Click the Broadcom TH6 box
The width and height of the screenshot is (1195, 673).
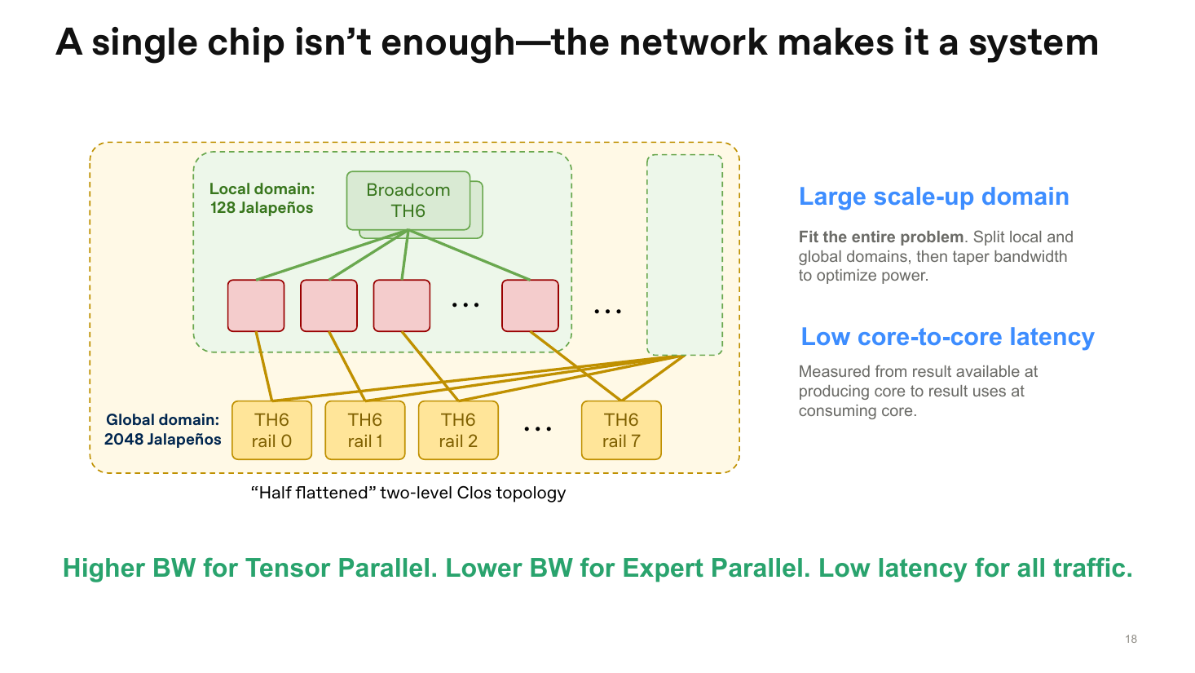click(x=408, y=201)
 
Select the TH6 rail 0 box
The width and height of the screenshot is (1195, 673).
click(x=271, y=430)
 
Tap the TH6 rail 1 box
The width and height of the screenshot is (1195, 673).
click(x=365, y=430)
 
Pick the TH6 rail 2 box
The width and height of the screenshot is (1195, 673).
click(x=458, y=430)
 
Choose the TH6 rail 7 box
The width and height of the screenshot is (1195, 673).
click(x=621, y=430)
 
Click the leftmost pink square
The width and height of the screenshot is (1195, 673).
click(x=256, y=306)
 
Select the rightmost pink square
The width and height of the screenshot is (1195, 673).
click(x=531, y=306)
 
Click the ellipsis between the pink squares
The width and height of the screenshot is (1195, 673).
click(x=465, y=305)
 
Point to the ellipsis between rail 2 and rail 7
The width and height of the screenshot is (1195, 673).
click(x=538, y=429)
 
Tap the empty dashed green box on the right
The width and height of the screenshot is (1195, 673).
click(x=685, y=255)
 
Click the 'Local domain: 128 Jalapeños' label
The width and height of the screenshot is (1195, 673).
click(x=262, y=198)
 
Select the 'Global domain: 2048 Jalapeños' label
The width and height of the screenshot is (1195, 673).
click(x=162, y=429)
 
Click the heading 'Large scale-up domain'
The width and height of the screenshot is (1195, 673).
click(x=933, y=197)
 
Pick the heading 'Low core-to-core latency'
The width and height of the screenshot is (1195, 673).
click(x=947, y=337)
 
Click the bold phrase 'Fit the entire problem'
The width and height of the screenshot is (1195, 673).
click(x=881, y=237)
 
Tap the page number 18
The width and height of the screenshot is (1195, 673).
click(x=1131, y=639)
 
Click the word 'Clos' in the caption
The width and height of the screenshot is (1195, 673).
click(x=474, y=493)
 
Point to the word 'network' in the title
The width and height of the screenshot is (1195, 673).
click(x=693, y=42)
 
